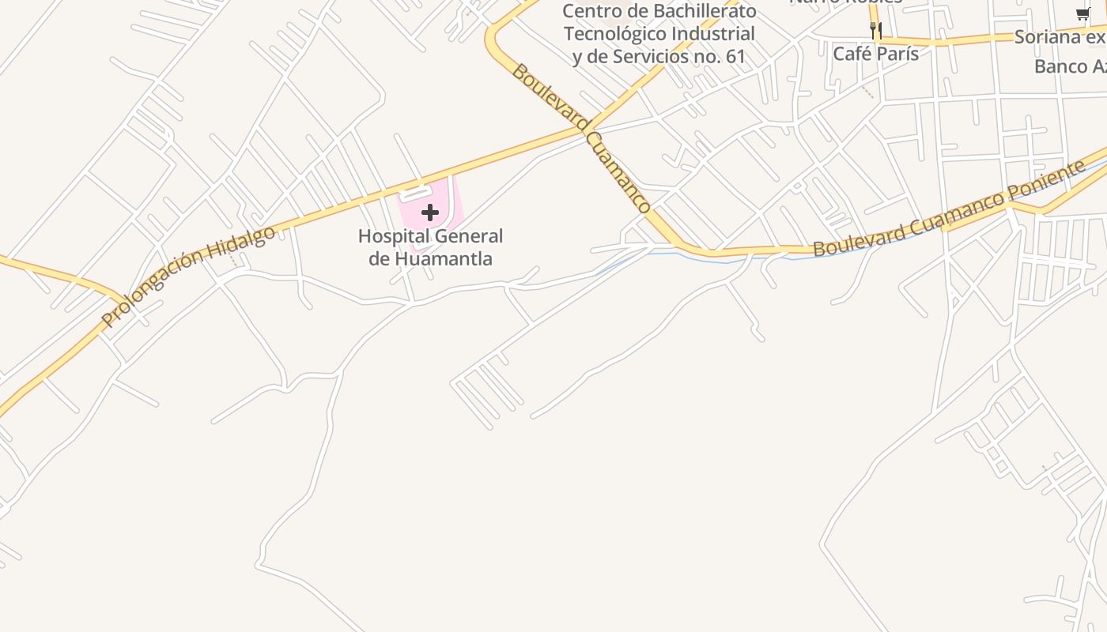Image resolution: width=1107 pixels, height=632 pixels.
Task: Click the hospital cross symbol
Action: coord(430,213)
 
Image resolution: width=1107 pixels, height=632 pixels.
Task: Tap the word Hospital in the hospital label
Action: coord(388,236)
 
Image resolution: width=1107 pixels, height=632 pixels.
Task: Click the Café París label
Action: coord(876,54)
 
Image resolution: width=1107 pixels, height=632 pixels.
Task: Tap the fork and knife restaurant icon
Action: coord(875,31)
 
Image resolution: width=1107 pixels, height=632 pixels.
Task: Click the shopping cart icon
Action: coord(1082,13)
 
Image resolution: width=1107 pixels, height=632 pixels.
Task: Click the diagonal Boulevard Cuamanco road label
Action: coord(581,137)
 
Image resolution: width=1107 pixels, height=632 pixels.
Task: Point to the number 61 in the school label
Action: coord(735,57)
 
